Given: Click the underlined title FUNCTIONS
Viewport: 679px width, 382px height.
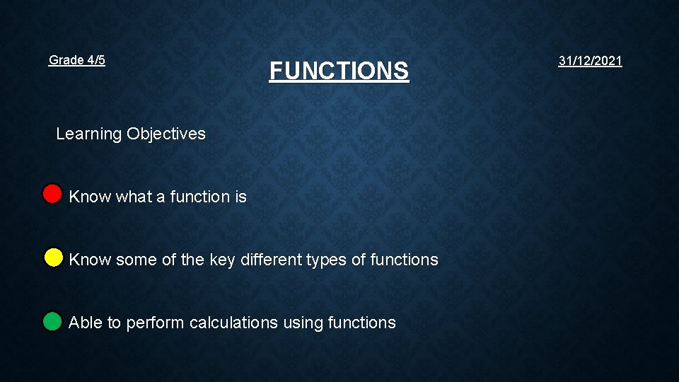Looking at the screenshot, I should (x=339, y=71).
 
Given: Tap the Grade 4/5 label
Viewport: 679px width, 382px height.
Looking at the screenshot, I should (x=77, y=60).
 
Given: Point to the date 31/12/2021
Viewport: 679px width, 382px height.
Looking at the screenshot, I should (x=590, y=61).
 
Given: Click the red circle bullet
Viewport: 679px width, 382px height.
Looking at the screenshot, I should (x=52, y=194).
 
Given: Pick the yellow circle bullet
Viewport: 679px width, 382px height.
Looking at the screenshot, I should (x=53, y=257).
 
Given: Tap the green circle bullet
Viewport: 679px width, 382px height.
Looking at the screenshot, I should (x=52, y=322).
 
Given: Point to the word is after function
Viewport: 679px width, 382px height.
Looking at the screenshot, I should (x=240, y=197).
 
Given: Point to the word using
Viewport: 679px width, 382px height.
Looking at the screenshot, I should (x=303, y=323).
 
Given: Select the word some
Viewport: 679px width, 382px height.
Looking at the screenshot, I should (x=137, y=260).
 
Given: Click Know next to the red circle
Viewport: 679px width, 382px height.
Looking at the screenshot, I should (x=90, y=197).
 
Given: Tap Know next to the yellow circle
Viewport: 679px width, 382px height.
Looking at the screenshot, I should (x=90, y=260).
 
